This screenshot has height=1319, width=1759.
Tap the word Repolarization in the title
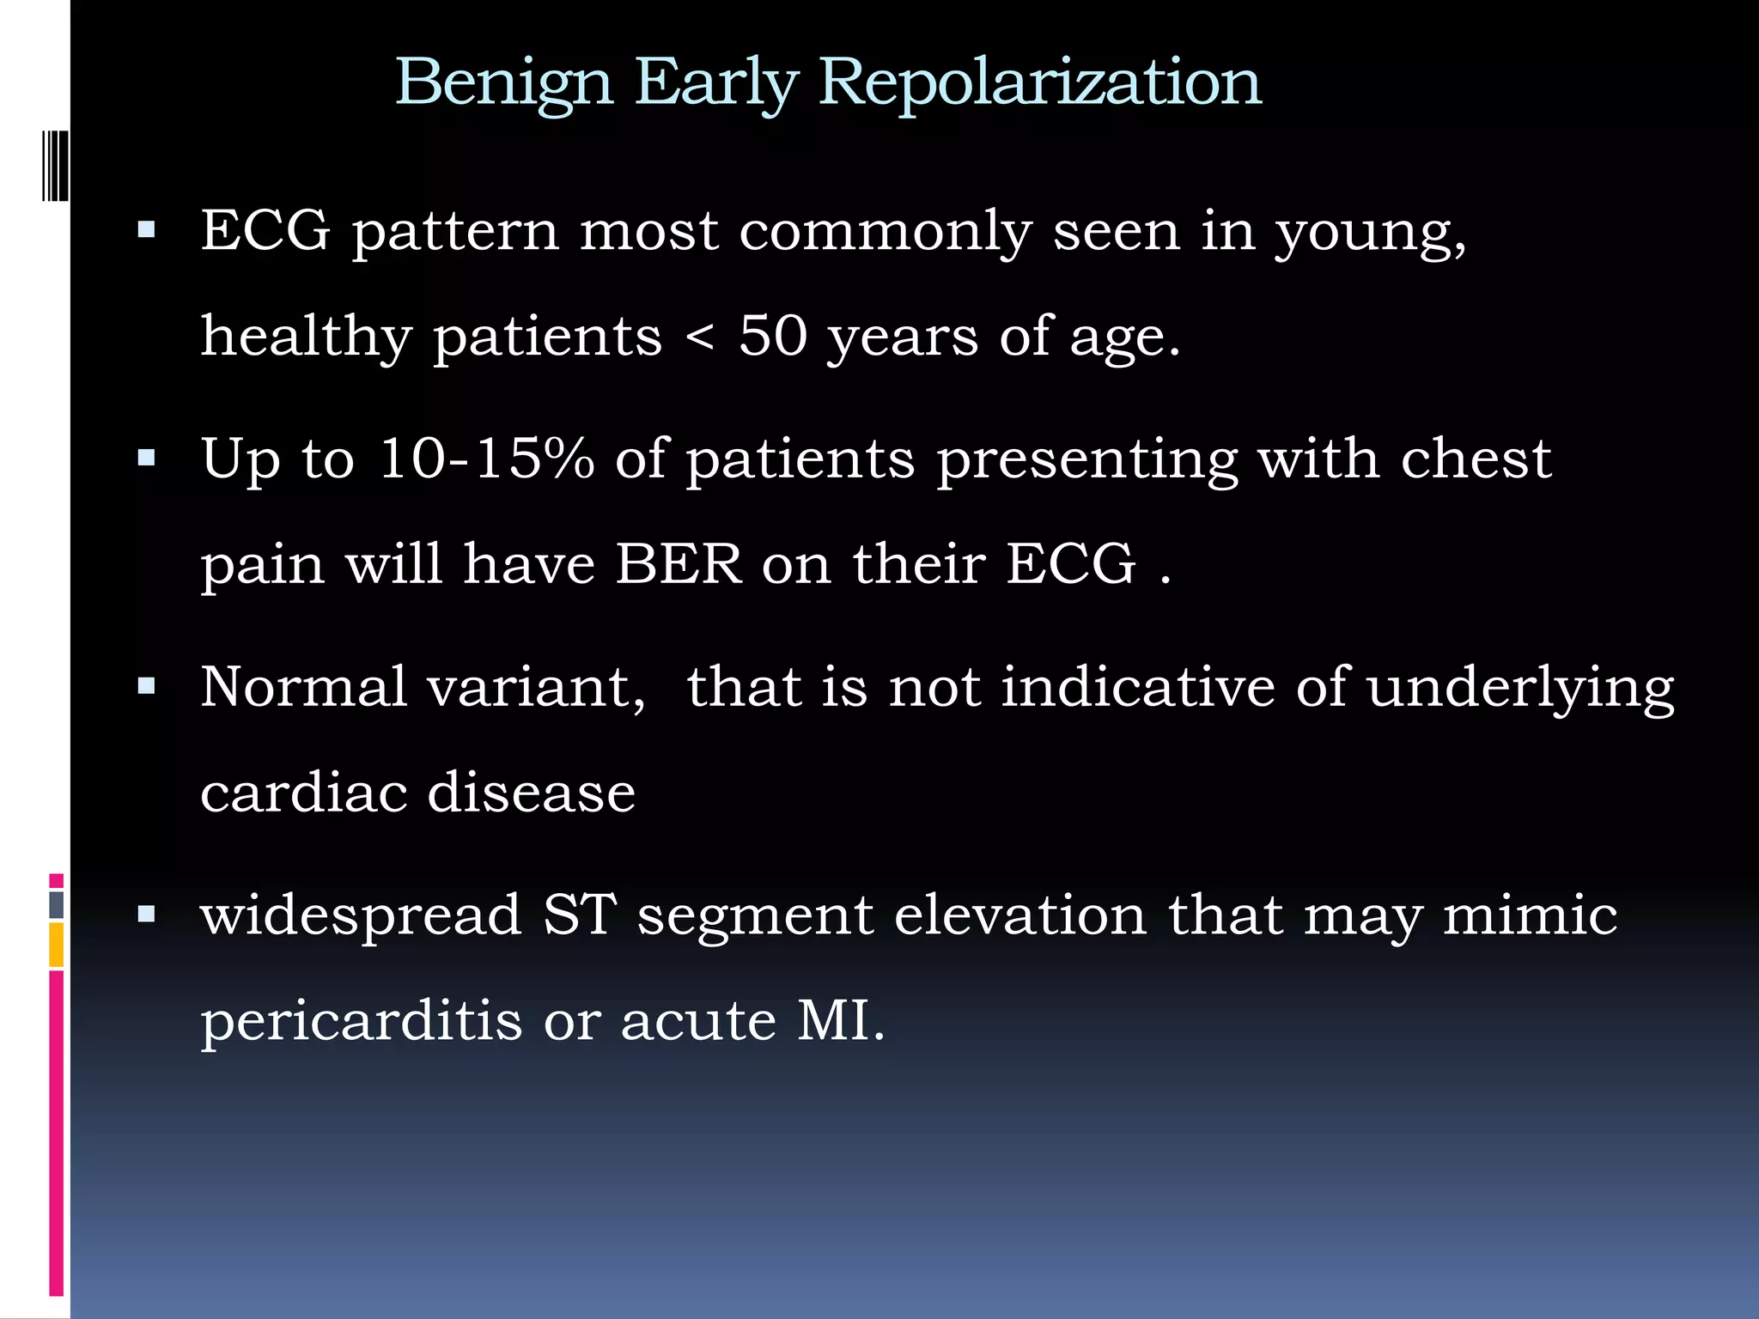[x=1040, y=83]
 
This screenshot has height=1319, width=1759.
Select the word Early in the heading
[x=716, y=83]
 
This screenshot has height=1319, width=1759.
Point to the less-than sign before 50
[x=700, y=337]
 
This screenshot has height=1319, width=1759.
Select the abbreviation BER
[x=679, y=564]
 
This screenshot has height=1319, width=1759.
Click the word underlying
[x=1520, y=688]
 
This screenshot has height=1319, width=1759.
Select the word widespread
[x=361, y=915]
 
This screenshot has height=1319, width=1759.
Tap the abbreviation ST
[x=579, y=915]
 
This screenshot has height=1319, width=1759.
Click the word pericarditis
[x=361, y=1021]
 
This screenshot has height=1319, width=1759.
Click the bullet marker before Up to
[x=147, y=458]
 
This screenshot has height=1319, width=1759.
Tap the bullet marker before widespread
[x=147, y=915]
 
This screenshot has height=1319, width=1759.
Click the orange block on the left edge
[x=56, y=945]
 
